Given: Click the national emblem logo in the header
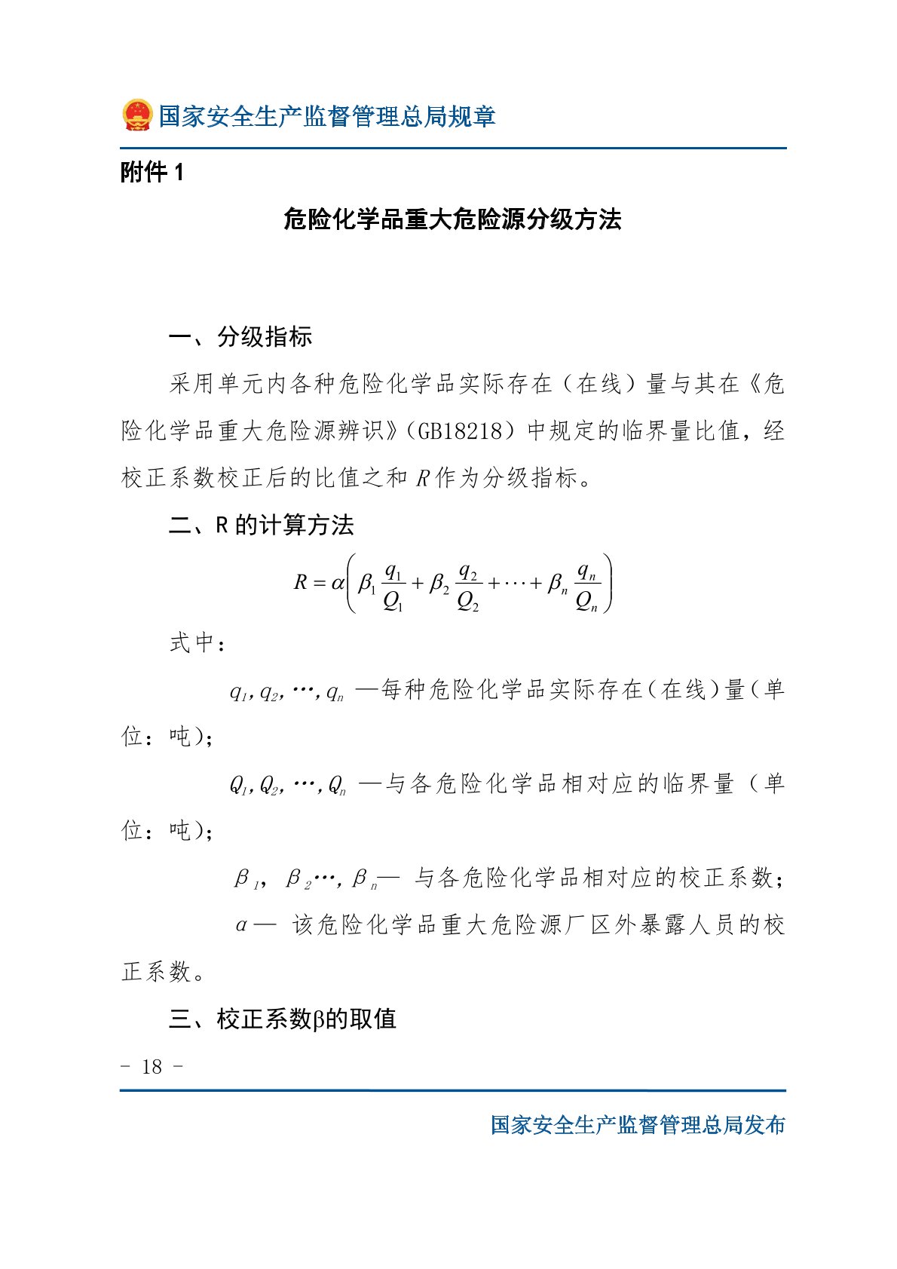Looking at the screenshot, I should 137,115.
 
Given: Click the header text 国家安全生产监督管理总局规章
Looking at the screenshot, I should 326,116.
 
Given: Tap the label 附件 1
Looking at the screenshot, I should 152,173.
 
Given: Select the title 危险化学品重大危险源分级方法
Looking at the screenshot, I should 452,219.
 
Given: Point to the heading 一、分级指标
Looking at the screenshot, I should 240,336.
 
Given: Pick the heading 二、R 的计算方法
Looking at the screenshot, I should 261,525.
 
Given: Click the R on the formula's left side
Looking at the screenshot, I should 300,582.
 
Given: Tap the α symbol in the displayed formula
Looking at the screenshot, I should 337,582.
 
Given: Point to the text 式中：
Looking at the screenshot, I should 197,643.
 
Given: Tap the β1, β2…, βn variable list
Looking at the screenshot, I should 306,879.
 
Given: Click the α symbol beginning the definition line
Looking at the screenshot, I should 241,925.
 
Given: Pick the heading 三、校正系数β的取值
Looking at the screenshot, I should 282,1019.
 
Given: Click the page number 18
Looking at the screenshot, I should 152,1066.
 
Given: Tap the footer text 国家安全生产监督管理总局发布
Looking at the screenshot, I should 638,1124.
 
